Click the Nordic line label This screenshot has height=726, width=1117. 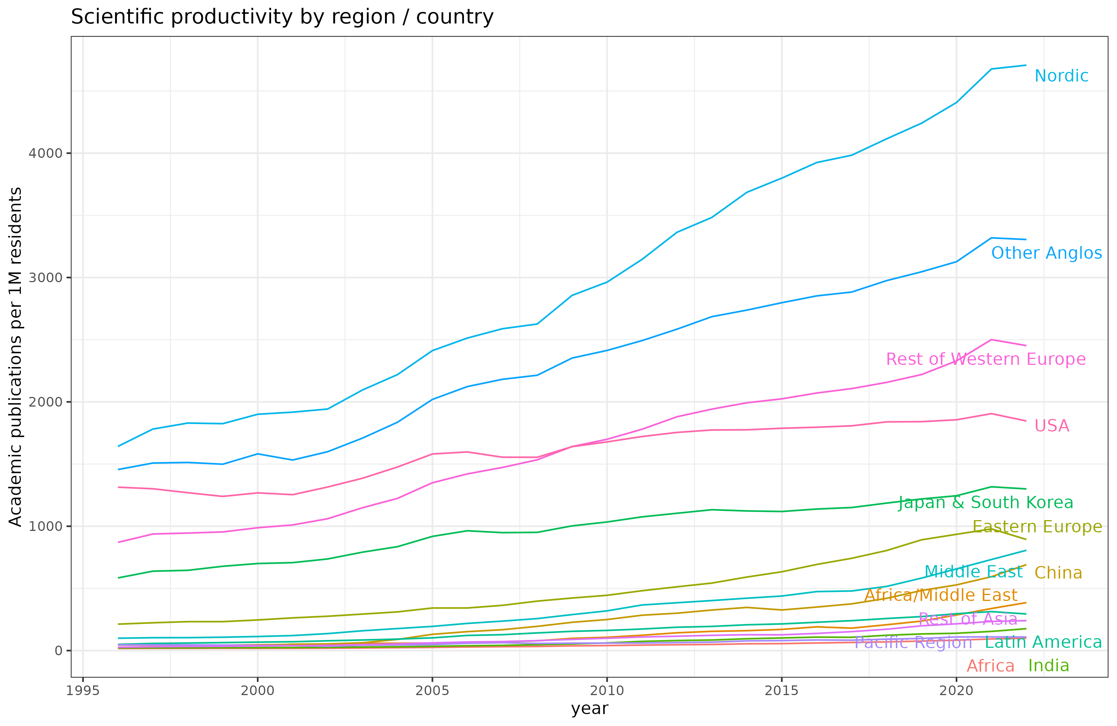click(x=1061, y=76)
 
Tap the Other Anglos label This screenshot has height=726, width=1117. click(x=1046, y=254)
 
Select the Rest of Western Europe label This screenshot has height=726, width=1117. click(x=986, y=360)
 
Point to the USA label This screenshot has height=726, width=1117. click(x=1052, y=426)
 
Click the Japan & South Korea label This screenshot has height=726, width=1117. click(x=986, y=503)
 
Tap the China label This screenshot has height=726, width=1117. click(x=1058, y=573)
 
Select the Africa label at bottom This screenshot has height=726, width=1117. click(x=990, y=666)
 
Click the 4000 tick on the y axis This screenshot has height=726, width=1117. click(x=45, y=153)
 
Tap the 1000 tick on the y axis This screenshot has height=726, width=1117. click(x=45, y=526)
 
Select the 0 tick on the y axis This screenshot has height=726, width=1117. click(x=58, y=651)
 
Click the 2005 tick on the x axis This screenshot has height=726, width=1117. click(x=432, y=691)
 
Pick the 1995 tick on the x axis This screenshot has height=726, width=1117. click(x=83, y=691)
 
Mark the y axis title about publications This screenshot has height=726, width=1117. click(x=16, y=357)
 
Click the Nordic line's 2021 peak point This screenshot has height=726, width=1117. click(x=991, y=69)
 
